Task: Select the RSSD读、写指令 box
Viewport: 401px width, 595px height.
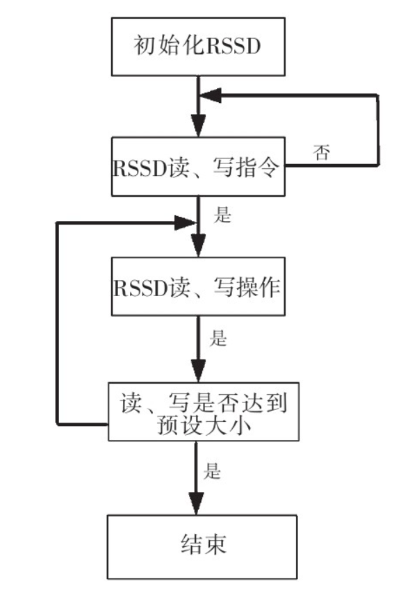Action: point(198,167)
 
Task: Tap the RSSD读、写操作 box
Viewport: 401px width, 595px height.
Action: point(198,287)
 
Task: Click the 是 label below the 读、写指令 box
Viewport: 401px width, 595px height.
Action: point(222,215)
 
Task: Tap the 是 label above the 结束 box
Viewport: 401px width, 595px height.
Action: point(213,472)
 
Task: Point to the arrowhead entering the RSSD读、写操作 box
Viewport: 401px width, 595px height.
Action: point(198,247)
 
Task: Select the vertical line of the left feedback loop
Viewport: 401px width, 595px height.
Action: point(57,323)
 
